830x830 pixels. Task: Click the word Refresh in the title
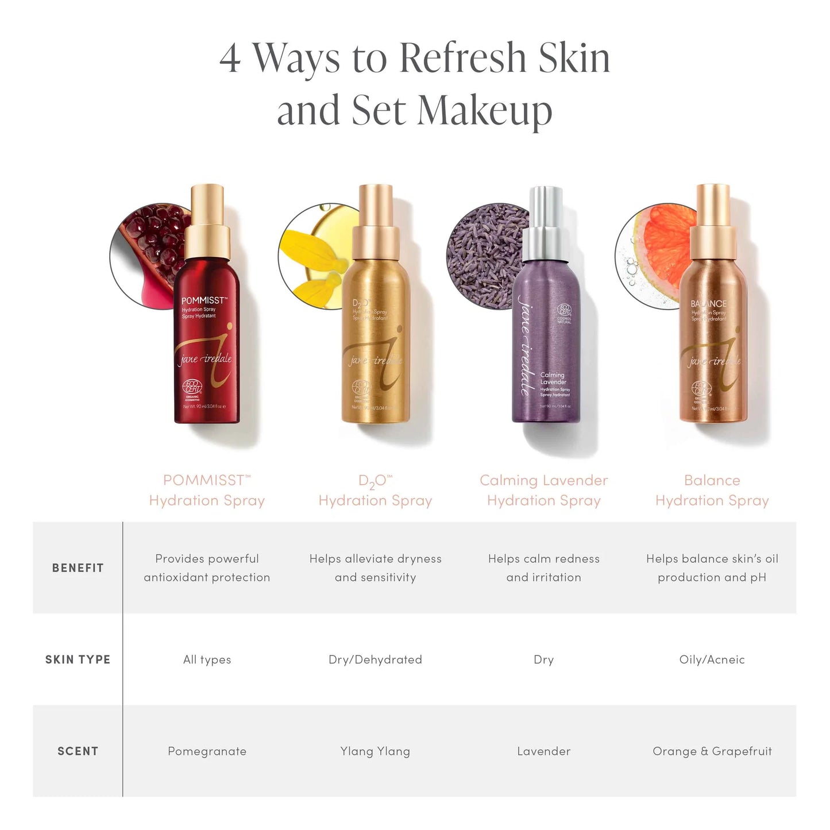pos(462,59)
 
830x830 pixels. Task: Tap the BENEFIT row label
pos(78,568)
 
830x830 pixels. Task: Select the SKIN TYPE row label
pos(78,659)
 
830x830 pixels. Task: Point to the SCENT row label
pos(78,751)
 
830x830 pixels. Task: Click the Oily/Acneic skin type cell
pos(712,659)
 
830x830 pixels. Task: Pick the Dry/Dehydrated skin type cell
pos(375,659)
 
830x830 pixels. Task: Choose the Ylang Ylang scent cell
pos(375,751)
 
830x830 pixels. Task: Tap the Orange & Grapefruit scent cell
pos(712,751)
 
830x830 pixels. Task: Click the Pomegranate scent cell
pos(207,751)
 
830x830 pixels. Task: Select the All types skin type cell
pos(207,659)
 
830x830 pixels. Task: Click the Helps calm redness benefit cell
pos(543,568)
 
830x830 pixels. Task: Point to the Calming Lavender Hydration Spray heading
pos(543,490)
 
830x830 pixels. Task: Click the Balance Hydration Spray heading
pos(712,490)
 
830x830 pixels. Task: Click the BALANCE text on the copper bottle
pos(708,303)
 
